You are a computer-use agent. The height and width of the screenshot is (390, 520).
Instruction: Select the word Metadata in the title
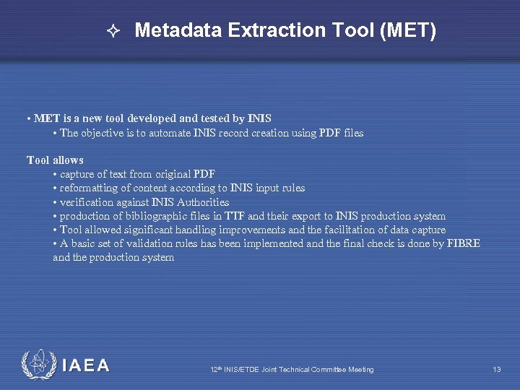[178, 30]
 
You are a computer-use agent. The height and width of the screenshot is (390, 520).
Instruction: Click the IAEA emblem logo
[37, 365]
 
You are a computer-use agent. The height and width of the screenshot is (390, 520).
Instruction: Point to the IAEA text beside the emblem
[86, 366]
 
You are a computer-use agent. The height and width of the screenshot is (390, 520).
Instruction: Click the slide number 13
[497, 370]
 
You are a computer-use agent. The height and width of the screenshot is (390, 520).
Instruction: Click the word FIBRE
[463, 243]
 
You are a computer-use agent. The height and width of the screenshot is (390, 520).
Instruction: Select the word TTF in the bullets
[233, 216]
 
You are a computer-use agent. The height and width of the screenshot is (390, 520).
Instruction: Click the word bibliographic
[162, 216]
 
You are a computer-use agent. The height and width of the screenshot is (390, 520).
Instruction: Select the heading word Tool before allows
[38, 160]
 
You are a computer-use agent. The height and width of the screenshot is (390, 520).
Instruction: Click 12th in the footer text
[216, 370]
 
